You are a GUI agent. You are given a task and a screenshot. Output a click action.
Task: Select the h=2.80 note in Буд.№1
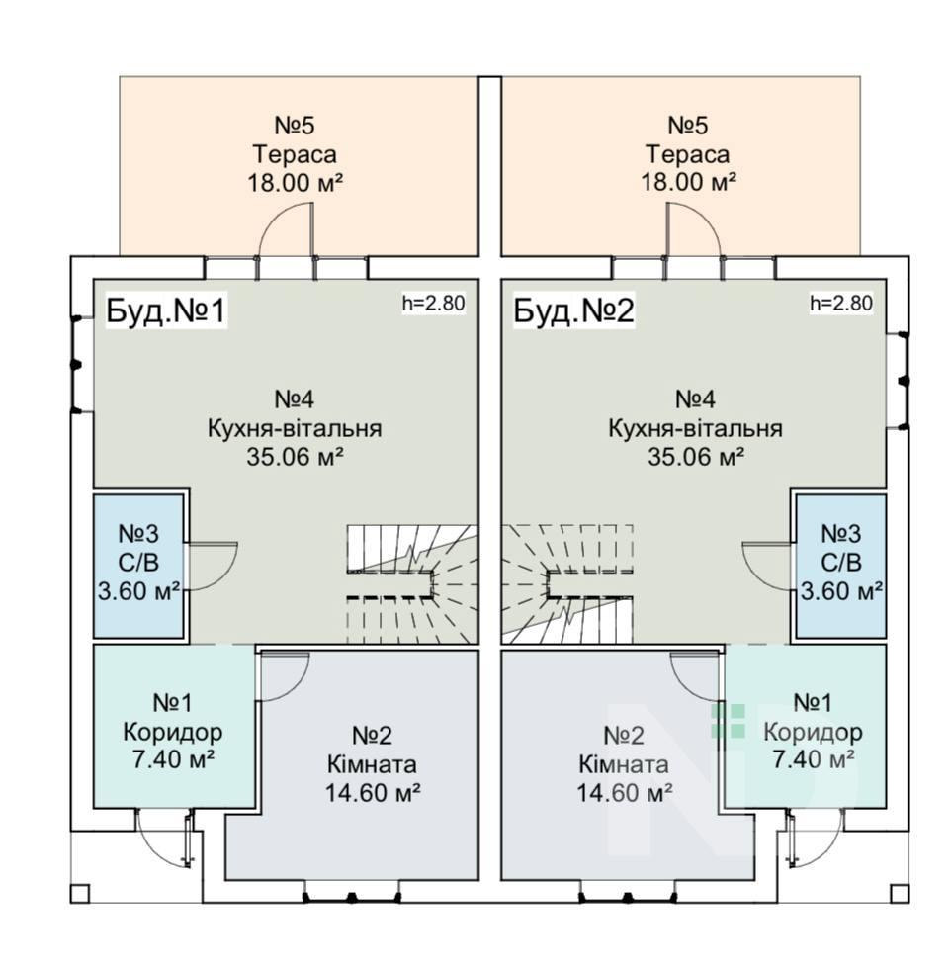[x=432, y=303]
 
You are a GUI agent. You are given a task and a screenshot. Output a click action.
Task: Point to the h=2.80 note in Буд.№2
[x=840, y=303]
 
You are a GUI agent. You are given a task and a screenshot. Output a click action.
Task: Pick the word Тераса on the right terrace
[x=687, y=155]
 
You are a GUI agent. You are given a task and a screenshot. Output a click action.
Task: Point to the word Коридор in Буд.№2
[x=813, y=733]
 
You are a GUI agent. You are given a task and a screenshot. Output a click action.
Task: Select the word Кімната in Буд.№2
[x=623, y=764]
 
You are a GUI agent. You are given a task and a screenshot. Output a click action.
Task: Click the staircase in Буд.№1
[x=410, y=583]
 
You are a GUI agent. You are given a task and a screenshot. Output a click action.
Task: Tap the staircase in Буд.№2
[x=568, y=583]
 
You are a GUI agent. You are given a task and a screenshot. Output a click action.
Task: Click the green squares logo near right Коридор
[x=729, y=720]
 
